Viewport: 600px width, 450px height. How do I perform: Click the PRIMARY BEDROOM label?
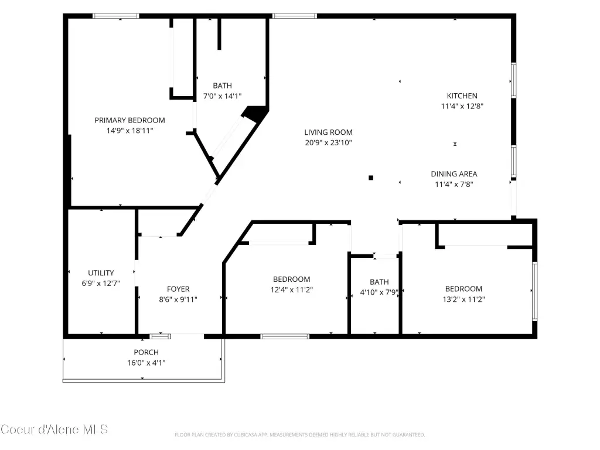click(x=129, y=120)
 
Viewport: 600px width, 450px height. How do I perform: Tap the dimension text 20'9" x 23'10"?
click(x=328, y=143)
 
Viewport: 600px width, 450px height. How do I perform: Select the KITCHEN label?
click(x=462, y=96)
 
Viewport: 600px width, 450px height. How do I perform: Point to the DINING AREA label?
click(x=454, y=173)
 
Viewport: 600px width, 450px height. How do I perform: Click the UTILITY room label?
click(x=101, y=273)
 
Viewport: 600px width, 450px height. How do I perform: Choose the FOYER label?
click(x=178, y=289)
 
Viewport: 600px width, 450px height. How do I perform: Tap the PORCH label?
click(x=146, y=352)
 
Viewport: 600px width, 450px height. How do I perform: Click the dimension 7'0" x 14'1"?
click(x=222, y=96)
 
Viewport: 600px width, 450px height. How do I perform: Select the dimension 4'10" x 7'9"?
click(x=379, y=292)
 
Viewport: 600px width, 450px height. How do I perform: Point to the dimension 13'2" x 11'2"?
click(x=464, y=299)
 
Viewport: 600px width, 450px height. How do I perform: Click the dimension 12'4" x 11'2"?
click(x=292, y=289)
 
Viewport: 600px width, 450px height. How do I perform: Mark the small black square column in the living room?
click(x=371, y=178)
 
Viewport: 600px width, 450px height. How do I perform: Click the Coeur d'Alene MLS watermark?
click(x=54, y=429)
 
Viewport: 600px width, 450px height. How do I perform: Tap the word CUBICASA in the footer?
click(x=246, y=435)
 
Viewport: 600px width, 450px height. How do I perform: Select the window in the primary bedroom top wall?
click(x=115, y=16)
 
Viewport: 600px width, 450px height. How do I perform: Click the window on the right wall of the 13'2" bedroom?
click(x=535, y=291)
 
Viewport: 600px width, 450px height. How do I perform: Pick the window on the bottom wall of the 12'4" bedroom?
click(x=285, y=336)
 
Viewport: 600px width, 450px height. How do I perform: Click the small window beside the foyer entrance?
click(x=160, y=336)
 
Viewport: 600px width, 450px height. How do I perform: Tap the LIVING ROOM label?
click(x=328, y=132)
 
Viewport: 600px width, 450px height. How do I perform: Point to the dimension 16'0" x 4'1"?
click(x=146, y=363)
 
